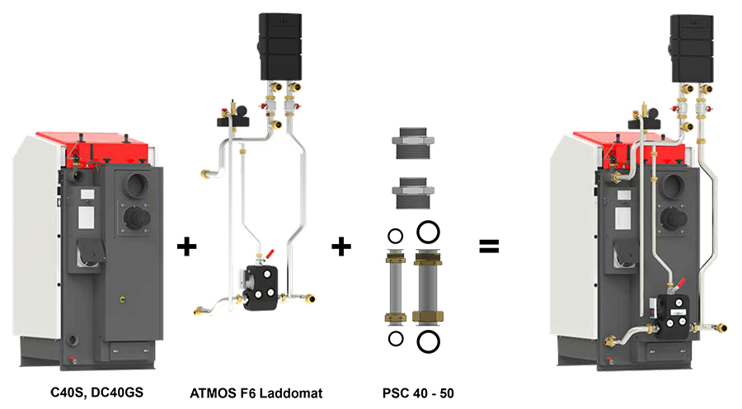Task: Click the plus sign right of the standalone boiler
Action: pyautogui.click(x=187, y=246)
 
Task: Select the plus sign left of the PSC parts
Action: pyautogui.click(x=341, y=246)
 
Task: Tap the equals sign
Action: pyautogui.click(x=490, y=246)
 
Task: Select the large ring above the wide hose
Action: pyautogui.click(x=428, y=230)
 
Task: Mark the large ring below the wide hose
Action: pyautogui.click(x=428, y=340)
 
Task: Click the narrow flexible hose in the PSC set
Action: pyautogui.click(x=395, y=285)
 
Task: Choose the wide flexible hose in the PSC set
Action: pyautogui.click(x=428, y=285)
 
